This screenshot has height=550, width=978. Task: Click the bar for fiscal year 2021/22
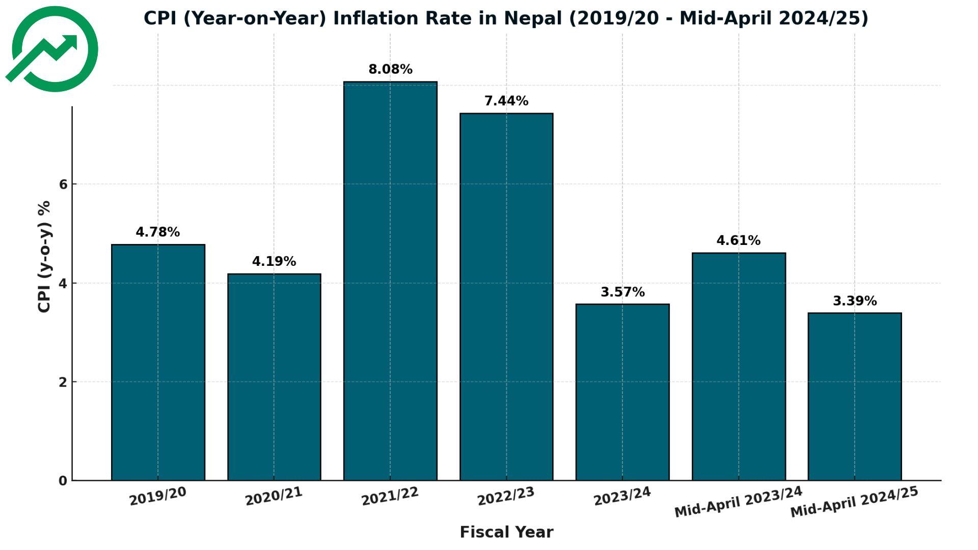pyautogui.click(x=390, y=281)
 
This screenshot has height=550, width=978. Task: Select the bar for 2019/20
pyautogui.click(x=158, y=362)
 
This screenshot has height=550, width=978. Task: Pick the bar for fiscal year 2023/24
pyautogui.click(x=622, y=392)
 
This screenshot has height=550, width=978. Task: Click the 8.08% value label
pyautogui.click(x=390, y=69)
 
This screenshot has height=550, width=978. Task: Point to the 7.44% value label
pyautogui.click(x=506, y=101)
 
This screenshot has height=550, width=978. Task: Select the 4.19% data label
pyautogui.click(x=274, y=262)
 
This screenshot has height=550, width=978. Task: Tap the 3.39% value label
pyautogui.click(x=854, y=301)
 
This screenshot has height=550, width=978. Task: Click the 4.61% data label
pyautogui.click(x=738, y=240)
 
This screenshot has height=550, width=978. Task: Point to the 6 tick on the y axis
pyautogui.click(x=63, y=184)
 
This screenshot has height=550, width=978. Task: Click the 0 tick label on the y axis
pyautogui.click(x=63, y=481)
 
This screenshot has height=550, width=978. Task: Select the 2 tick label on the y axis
pyautogui.click(x=63, y=382)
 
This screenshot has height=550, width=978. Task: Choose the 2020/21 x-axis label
pyautogui.click(x=274, y=496)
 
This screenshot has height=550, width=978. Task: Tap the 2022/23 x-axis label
pyautogui.click(x=506, y=496)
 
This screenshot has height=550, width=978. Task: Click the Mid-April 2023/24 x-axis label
pyautogui.click(x=738, y=502)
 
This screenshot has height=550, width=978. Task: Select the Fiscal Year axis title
pyautogui.click(x=506, y=532)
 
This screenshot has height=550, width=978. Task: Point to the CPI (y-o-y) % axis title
pyautogui.click(x=44, y=256)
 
